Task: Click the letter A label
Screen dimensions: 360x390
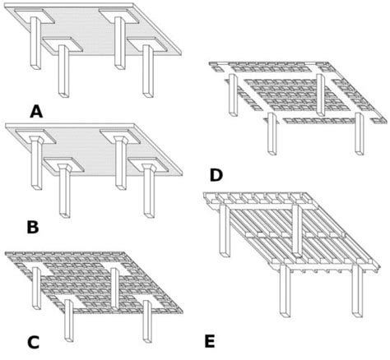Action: tap(36, 110)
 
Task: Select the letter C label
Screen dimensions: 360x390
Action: tap(33, 339)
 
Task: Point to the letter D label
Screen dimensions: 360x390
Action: tap(216, 174)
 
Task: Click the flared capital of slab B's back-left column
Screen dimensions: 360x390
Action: tap(38, 141)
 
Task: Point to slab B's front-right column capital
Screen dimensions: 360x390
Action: tap(148, 169)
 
